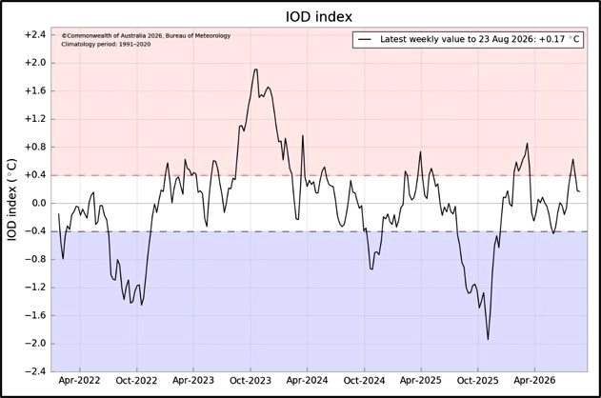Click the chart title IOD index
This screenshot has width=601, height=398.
319,17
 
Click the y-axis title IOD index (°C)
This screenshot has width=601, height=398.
12,200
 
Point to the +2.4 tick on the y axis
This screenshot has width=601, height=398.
35,35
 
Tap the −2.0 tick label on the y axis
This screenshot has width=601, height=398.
35,344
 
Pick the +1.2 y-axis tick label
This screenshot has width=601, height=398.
35,119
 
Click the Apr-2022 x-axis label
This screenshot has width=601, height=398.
79,380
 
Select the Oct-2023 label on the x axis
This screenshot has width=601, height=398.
250,380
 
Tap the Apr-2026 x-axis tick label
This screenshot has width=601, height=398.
534,380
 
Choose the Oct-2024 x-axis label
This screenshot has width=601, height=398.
364,380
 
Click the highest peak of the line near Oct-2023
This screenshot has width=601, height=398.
255,70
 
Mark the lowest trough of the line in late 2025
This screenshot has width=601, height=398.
488,339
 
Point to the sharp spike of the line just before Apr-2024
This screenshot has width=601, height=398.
303,135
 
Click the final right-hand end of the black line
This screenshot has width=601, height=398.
579,191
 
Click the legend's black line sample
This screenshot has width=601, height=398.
366,39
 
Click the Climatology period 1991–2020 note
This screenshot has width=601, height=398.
106,45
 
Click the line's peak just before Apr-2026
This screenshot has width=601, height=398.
528,143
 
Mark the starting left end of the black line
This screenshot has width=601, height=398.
59,213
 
